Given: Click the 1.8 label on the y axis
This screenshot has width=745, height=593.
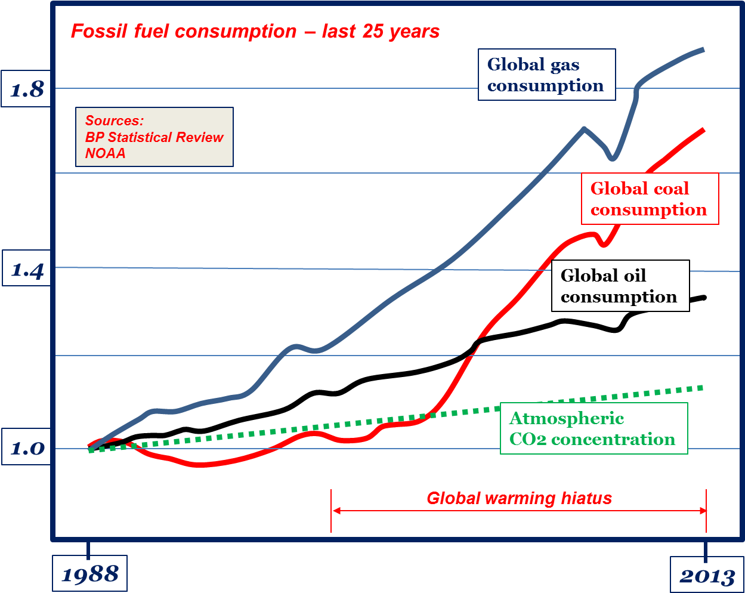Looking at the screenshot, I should pyautogui.click(x=27, y=89).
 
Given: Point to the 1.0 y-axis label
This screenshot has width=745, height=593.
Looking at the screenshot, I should pyautogui.click(x=27, y=447).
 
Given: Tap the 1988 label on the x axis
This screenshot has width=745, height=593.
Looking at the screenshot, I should pyautogui.click(x=89, y=574).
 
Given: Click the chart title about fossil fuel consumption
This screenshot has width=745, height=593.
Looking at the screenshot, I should pyautogui.click(x=255, y=31).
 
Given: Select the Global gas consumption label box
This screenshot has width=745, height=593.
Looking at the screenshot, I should pyautogui.click(x=546, y=75).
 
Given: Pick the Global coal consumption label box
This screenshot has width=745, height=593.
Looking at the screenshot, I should pyautogui.click(x=648, y=199).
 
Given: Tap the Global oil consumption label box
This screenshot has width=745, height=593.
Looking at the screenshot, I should pyautogui.click(x=619, y=286).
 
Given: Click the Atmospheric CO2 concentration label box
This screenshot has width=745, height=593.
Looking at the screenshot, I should pyautogui.click(x=593, y=428).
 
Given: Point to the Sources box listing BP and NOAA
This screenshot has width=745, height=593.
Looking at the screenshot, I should pyautogui.click(x=154, y=137).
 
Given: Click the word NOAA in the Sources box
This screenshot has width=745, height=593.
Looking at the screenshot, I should pyautogui.click(x=106, y=153).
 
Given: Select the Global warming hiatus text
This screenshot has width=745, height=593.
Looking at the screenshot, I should pyautogui.click(x=519, y=498).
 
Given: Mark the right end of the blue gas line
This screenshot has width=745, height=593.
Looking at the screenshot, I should pyautogui.click(x=704, y=50).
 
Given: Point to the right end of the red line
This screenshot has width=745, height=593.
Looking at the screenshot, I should pyautogui.click(x=704, y=129).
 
